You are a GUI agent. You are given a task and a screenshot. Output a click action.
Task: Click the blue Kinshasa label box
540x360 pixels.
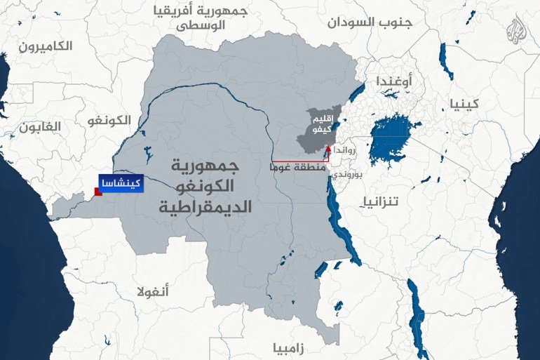(x=119, y=183)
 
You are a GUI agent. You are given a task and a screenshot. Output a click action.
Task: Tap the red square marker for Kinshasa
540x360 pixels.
(x=99, y=192)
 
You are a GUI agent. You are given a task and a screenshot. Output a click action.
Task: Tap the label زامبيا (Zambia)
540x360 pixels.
(x=289, y=347)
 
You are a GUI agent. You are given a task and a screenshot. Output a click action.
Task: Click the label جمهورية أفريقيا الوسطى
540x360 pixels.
(x=201, y=18)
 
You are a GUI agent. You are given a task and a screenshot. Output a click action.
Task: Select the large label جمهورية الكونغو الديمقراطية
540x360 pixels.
(x=200, y=186)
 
